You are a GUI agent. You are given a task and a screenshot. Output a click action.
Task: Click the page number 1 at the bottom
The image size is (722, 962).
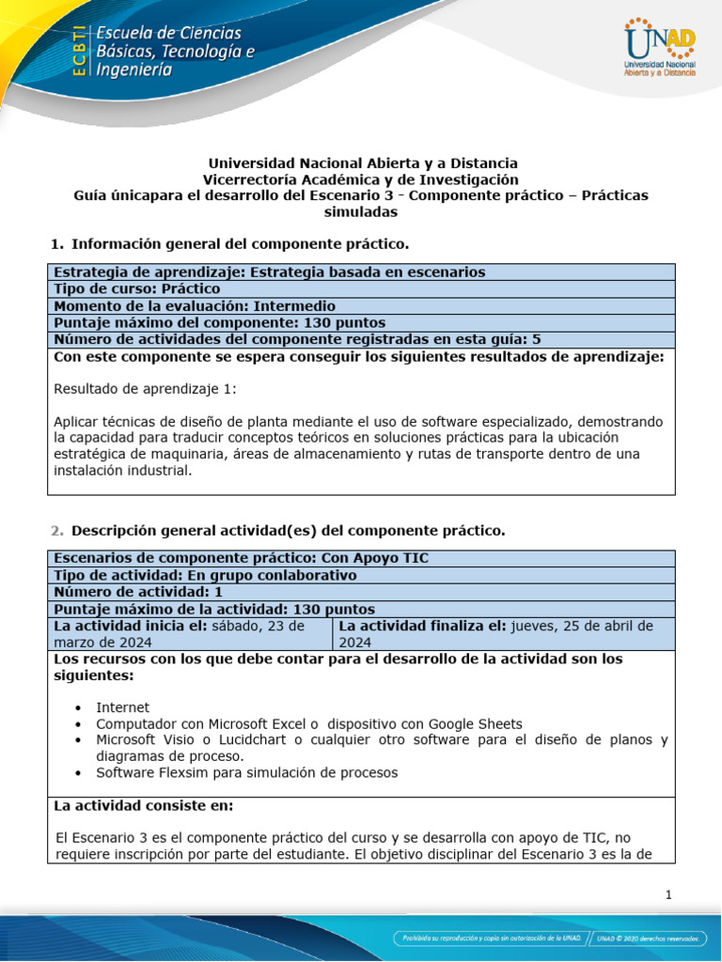(668, 894)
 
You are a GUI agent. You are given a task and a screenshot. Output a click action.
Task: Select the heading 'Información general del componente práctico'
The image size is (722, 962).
(240, 244)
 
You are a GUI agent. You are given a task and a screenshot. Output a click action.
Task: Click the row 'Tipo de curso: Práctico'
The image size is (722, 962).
(137, 289)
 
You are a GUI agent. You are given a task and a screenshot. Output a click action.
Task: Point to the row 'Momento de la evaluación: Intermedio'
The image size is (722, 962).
(195, 306)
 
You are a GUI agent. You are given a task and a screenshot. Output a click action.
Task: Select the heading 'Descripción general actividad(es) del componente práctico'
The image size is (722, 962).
(288, 531)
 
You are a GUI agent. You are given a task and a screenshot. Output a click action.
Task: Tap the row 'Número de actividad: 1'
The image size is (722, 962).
(138, 592)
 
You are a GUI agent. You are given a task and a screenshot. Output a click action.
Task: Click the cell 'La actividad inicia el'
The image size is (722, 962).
(188, 633)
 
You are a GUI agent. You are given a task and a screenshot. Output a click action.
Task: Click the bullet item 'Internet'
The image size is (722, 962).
(122, 706)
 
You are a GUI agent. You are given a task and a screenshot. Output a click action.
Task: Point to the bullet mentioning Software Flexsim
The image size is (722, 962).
(246, 772)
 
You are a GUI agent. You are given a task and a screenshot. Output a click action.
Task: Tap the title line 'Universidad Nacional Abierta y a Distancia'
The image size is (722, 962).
(362, 163)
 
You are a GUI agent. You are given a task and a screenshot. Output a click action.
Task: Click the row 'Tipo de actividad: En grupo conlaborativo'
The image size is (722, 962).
(205, 575)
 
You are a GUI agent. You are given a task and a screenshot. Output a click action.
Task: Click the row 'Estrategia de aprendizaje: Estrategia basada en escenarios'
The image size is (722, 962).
(270, 272)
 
